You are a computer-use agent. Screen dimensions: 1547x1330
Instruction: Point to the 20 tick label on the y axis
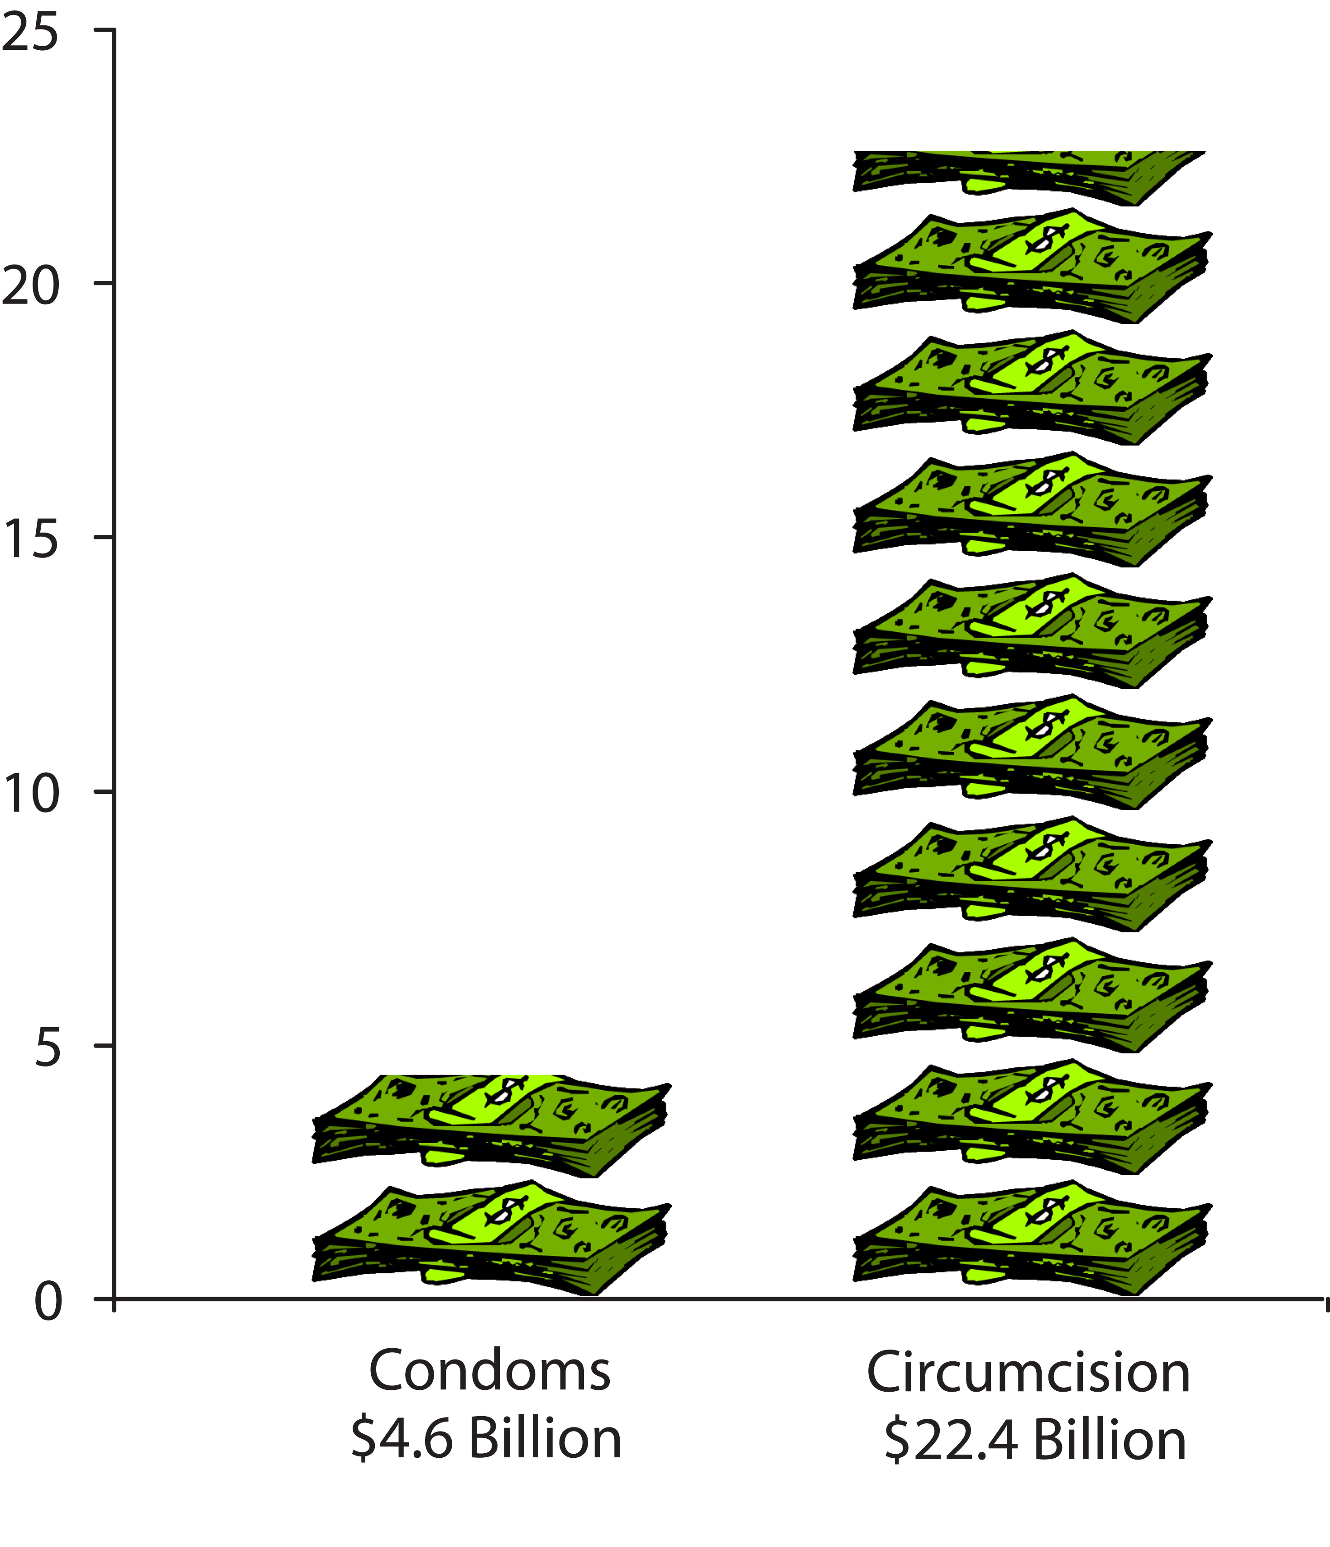pyautogui.click(x=30, y=288)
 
